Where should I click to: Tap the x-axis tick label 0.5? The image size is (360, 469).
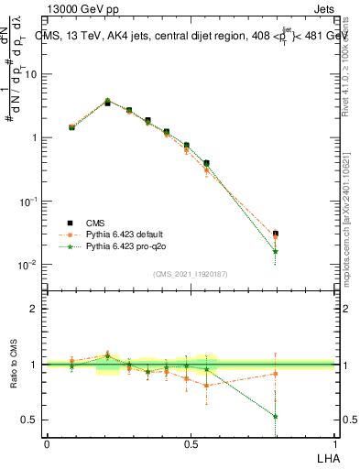pyautogui.click(x=191, y=444)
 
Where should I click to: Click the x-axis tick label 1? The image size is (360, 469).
pyautogui.click(x=334, y=444)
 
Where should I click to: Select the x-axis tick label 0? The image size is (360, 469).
pyautogui.click(x=47, y=444)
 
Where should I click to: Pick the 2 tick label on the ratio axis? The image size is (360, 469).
pyautogui.click(x=34, y=309)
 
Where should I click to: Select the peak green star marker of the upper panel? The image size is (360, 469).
pyautogui.click(x=107, y=101)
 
